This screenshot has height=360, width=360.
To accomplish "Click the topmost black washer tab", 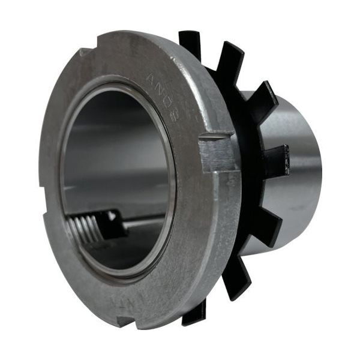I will tap(191, 43).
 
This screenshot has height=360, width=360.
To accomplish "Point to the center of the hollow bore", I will tap(117, 174).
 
